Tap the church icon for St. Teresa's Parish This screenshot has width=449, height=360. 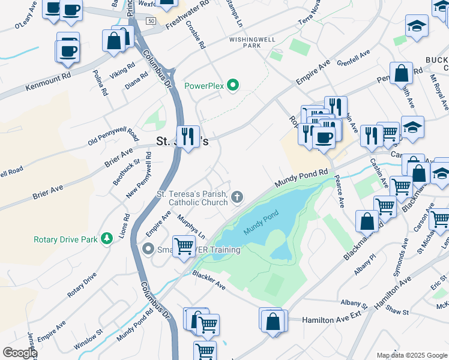click(238, 197)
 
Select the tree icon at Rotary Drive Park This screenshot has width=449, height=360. click(107, 239)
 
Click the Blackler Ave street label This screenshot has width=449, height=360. click(208, 280)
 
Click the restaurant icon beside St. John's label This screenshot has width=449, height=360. click(188, 137)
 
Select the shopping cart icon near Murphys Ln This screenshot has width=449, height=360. click(184, 244)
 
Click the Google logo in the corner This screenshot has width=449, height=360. click(19, 353)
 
